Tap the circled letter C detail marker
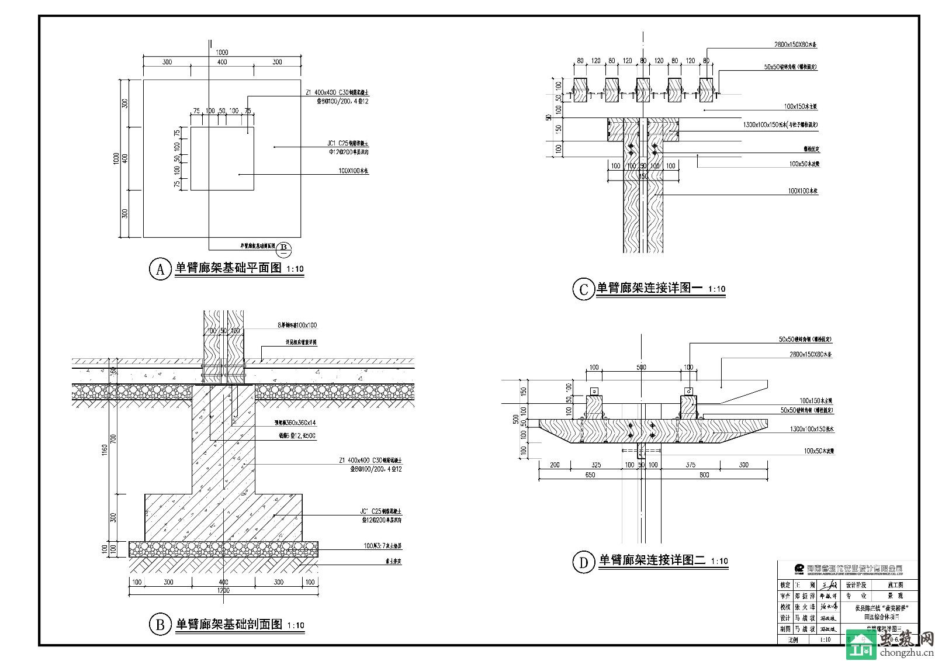pyautogui.click(x=583, y=289)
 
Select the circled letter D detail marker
pyautogui.click(x=583, y=562)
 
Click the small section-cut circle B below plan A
pyautogui.click(x=283, y=248)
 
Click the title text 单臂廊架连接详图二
pyautogui.click(x=652, y=560)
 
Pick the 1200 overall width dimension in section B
pyautogui.click(x=223, y=590)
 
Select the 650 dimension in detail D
pyautogui.click(x=590, y=475)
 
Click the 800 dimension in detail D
pyautogui.click(x=704, y=475)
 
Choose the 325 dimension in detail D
pyautogui.click(x=595, y=465)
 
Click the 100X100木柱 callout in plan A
pyautogui.click(x=354, y=171)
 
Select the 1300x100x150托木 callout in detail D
pyautogui.click(x=811, y=428)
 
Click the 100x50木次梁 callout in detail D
pyautogui.click(x=818, y=451)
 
